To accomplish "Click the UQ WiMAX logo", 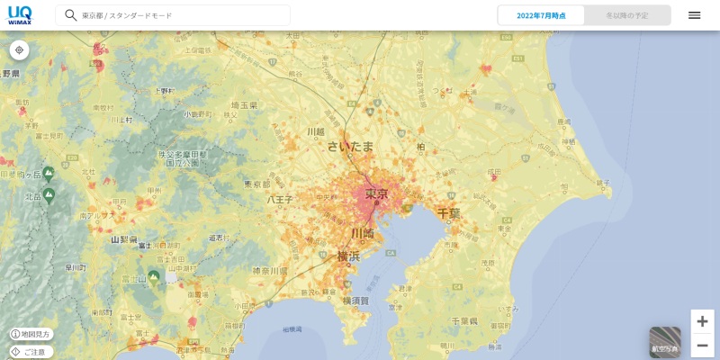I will [x=20, y=15].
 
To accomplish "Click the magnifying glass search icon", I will [x=70, y=15].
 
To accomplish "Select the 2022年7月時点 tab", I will [x=541, y=15].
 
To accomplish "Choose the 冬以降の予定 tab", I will [x=627, y=15].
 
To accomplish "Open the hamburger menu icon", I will [x=694, y=15].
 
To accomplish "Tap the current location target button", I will [x=19, y=50].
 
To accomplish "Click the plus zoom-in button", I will [x=702, y=321].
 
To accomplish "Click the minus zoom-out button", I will [x=702, y=345].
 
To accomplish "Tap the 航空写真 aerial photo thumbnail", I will [x=665, y=342].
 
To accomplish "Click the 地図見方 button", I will [x=31, y=334].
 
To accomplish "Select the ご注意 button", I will [x=31, y=352].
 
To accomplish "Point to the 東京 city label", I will [x=376, y=193].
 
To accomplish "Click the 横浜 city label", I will [x=348, y=256].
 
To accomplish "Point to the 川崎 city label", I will [x=362, y=233].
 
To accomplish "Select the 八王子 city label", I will [x=280, y=200].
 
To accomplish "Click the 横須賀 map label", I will [x=355, y=301].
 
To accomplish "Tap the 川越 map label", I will [x=315, y=131].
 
